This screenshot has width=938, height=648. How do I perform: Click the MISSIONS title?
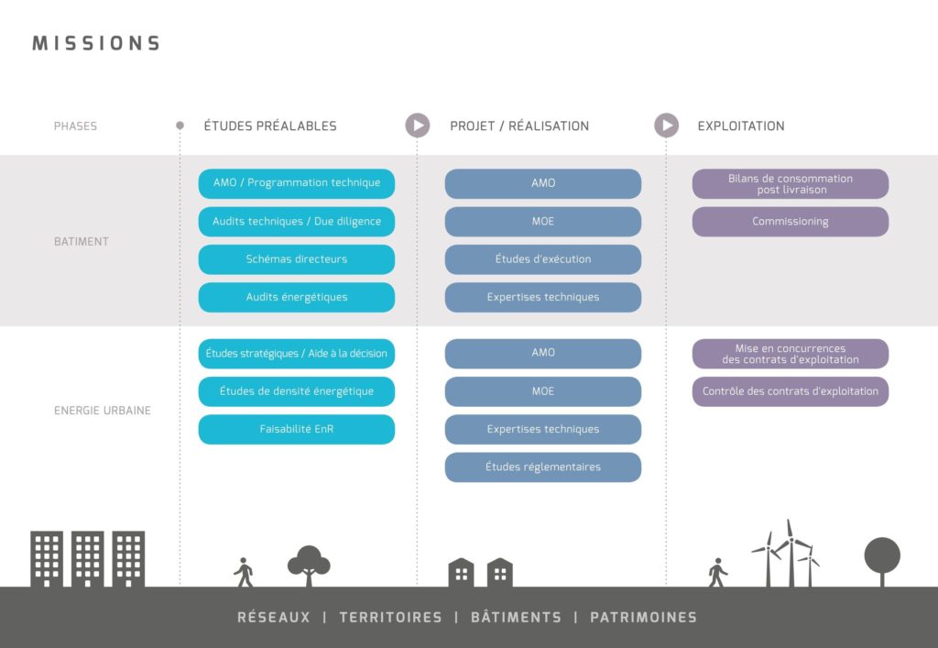coord(96,43)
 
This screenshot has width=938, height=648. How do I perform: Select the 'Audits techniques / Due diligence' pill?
coord(297,222)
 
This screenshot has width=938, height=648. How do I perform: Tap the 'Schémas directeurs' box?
coord(297,259)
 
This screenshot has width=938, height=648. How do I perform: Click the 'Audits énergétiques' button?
coord(297,297)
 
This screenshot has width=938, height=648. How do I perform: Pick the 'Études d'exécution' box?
coord(543,259)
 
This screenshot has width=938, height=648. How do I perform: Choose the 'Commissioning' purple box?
coord(791,222)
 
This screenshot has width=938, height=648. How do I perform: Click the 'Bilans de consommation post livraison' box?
coord(791,183)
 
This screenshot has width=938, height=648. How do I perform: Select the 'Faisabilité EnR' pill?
coord(297,429)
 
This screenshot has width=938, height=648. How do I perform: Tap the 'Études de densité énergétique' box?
coord(297,391)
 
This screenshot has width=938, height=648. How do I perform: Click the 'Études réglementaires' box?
coord(543,467)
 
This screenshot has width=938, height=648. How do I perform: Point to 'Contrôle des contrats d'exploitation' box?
coord(791,391)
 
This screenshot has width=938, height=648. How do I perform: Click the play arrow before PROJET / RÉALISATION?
coord(418,126)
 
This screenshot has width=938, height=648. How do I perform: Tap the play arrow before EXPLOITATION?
coord(667,126)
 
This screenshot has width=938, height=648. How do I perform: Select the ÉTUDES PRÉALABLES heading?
coord(270,126)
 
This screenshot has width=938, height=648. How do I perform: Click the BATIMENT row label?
coord(82,242)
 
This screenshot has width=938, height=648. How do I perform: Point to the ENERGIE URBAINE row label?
coord(103,411)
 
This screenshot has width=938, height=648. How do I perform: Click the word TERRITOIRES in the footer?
coord(390,618)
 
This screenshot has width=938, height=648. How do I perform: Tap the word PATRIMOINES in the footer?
coord(644,618)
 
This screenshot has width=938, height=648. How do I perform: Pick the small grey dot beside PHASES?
coord(180,126)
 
